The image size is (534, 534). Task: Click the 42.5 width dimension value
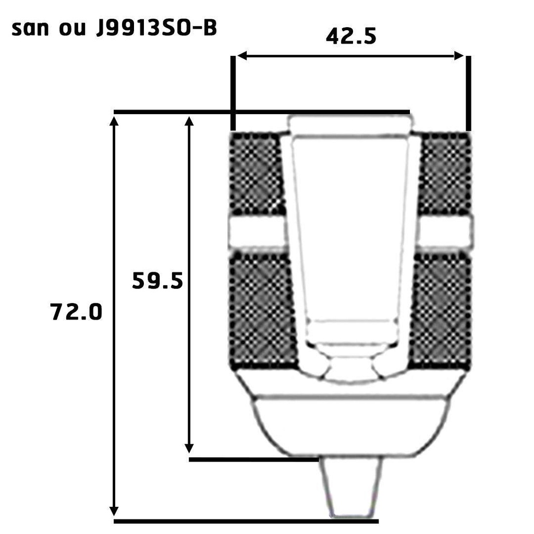pyautogui.click(x=351, y=36)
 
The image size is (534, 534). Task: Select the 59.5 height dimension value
pyautogui.click(x=157, y=281)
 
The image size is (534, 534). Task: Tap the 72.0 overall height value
pyautogui.click(x=76, y=312)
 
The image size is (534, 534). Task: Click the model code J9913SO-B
pyautogui.click(x=156, y=29)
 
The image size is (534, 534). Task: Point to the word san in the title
pyautogui.click(x=30, y=29)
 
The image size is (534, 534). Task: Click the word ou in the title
pyautogui.click(x=72, y=30)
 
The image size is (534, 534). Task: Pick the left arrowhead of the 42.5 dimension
pyautogui.click(x=241, y=56)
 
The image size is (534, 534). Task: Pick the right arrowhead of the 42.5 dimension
pyautogui.click(x=459, y=56)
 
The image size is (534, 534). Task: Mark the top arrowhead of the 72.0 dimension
pyautogui.click(x=114, y=120)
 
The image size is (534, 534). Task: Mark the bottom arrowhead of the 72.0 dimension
pyautogui.click(x=114, y=511)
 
